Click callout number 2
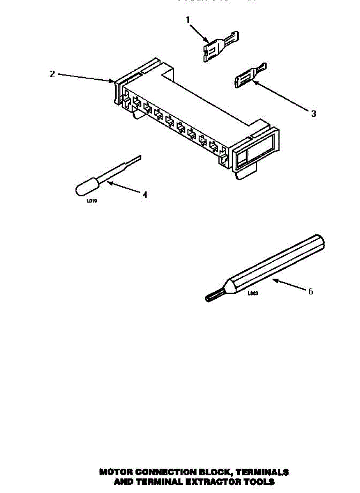click(52, 74)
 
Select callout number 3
click(313, 114)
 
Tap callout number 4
click(144, 194)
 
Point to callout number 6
click(310, 291)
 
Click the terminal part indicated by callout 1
click(218, 47)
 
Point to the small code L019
click(92, 201)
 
